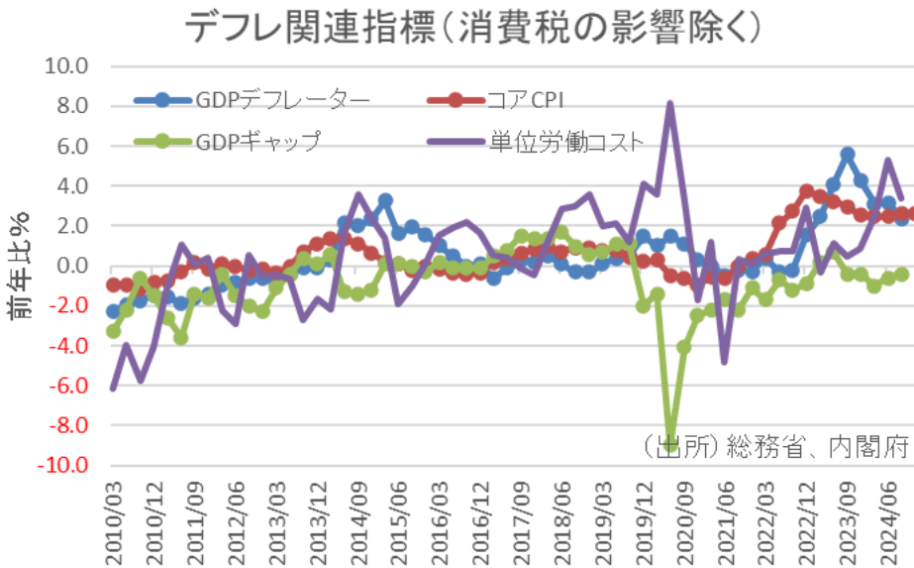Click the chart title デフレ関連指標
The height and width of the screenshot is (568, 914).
pyautogui.click(x=473, y=27)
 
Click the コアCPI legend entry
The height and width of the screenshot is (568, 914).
pyautogui.click(x=526, y=99)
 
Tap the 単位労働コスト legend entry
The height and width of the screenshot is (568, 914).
pyautogui.click(x=565, y=141)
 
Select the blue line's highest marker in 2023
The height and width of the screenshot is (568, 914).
pyautogui.click(x=847, y=154)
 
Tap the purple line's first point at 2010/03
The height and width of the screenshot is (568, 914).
pyautogui.click(x=114, y=388)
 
